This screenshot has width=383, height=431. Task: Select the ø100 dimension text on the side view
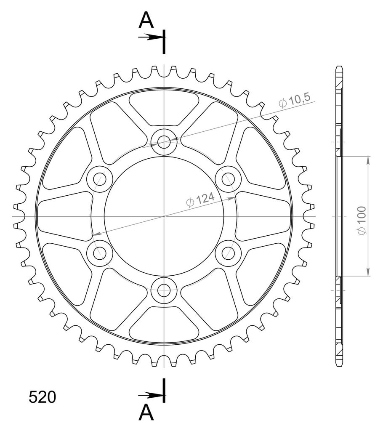362,221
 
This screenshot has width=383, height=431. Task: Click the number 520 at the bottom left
43,397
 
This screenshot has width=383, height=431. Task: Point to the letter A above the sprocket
146,20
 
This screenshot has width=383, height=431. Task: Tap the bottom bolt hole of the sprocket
164,290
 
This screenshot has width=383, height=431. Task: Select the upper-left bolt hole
99,179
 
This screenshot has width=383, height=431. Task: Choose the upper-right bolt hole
228,179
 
